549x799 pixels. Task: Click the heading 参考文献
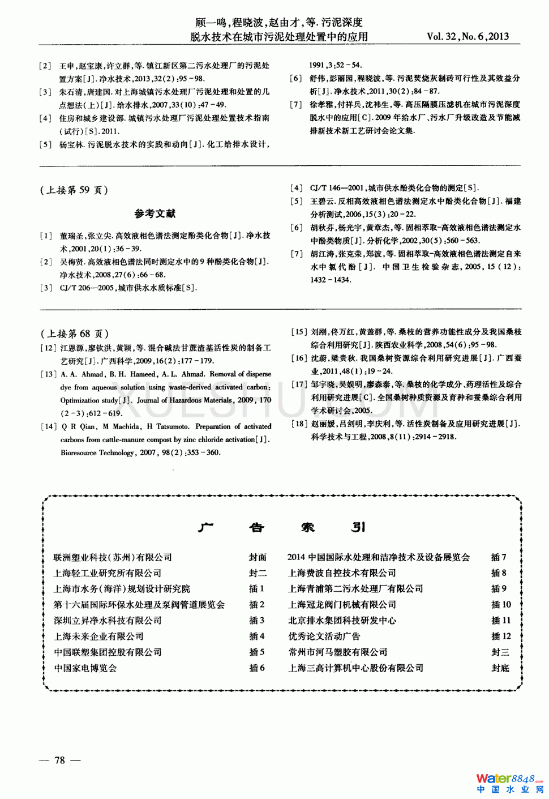click(x=155, y=213)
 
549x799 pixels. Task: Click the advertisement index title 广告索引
click(x=281, y=527)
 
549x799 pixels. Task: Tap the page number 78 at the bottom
click(x=59, y=760)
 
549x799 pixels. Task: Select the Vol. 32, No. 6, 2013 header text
click(x=467, y=36)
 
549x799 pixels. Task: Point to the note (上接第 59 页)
click(x=74, y=190)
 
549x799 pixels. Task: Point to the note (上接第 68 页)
click(x=75, y=334)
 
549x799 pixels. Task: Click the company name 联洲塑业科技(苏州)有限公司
click(x=113, y=558)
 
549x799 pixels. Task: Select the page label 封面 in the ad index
click(x=258, y=558)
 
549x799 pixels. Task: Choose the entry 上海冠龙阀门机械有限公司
click(x=342, y=605)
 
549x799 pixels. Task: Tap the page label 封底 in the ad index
click(x=500, y=668)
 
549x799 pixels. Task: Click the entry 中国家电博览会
click(x=85, y=668)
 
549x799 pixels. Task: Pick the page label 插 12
click(x=501, y=636)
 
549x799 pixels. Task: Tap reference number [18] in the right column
click(x=299, y=424)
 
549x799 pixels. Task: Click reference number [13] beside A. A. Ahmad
click(x=49, y=374)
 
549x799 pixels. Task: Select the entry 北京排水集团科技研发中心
click(x=342, y=621)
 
